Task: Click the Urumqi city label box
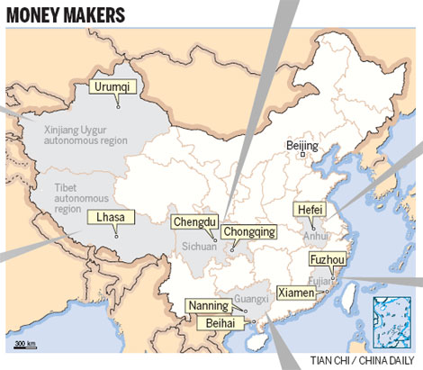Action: [x=112, y=86]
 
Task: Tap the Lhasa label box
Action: [x=109, y=216]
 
